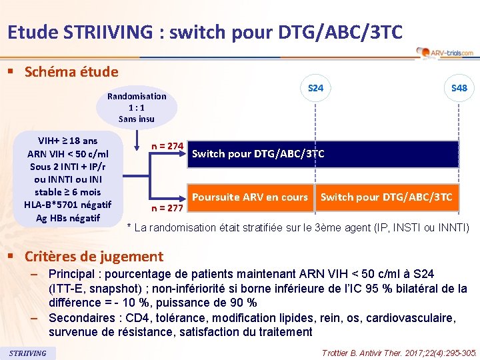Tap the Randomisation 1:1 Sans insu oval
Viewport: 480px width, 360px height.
coord(137,107)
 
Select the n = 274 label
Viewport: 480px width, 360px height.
coord(167,145)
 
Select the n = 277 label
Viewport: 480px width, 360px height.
coord(167,207)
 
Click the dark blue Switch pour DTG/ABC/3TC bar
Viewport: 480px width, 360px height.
coord(324,154)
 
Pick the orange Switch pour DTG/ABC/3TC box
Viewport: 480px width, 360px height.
coord(387,197)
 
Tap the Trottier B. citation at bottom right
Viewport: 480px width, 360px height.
coord(399,352)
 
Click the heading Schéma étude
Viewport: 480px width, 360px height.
coord(71,72)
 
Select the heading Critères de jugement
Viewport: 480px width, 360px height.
coord(93,256)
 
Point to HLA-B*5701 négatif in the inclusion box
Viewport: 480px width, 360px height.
coord(67,205)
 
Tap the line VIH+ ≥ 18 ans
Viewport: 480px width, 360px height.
coord(67,141)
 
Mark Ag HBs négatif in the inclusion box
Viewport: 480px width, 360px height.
coord(67,217)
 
